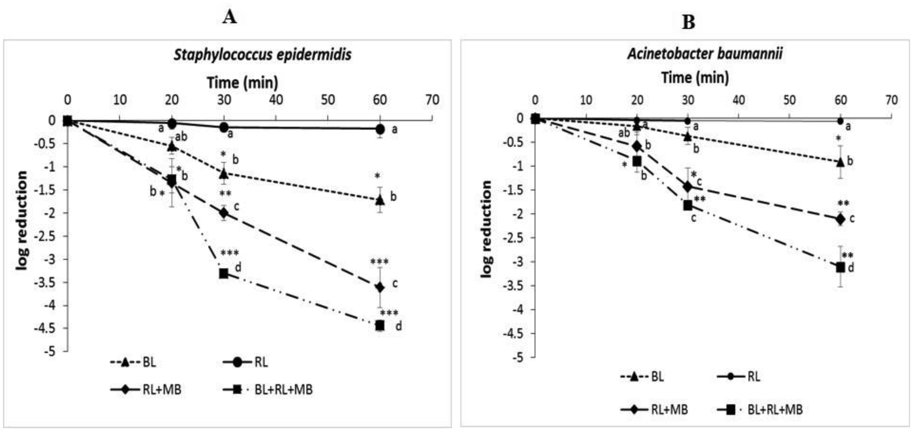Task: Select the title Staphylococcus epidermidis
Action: click(262, 55)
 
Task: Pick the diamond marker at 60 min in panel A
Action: click(380, 287)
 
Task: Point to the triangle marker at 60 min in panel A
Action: click(380, 200)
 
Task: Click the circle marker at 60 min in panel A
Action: click(380, 129)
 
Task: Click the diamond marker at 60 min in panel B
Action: click(840, 219)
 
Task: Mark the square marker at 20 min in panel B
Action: click(637, 161)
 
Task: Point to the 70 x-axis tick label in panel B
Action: click(891, 101)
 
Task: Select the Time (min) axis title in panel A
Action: click(242, 83)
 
